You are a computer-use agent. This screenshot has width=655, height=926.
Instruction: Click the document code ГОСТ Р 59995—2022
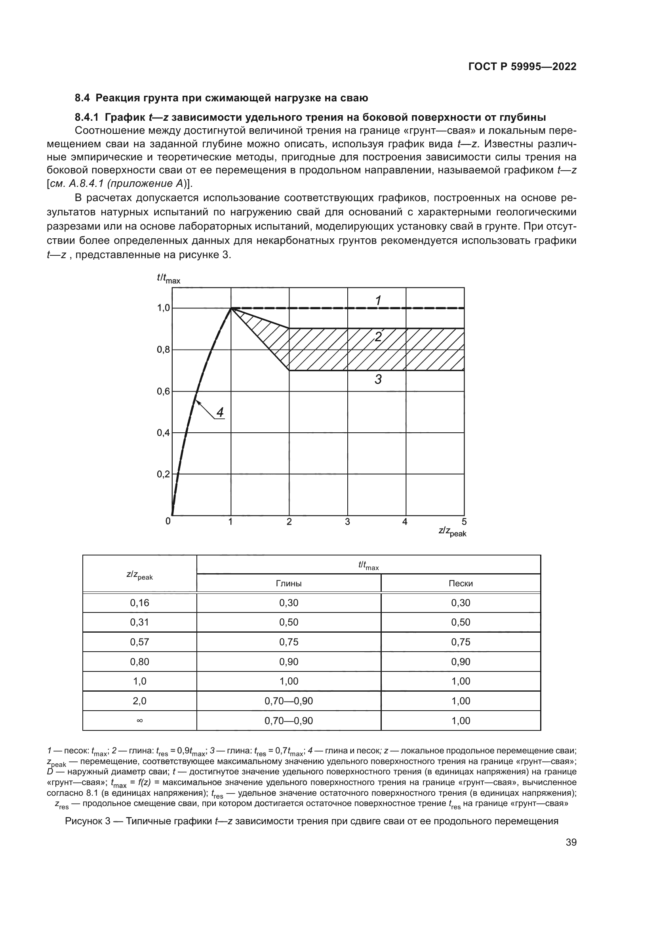click(522, 67)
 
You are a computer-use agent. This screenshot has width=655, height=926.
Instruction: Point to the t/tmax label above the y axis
click(169, 278)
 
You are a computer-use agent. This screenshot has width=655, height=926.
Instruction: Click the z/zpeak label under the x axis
click(452, 532)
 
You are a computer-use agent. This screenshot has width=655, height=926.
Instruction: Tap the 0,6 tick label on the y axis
click(163, 392)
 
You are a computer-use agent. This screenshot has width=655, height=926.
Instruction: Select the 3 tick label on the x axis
click(347, 522)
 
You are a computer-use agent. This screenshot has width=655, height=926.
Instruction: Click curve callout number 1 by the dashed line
click(378, 300)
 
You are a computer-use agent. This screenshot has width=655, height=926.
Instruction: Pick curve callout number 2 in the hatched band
click(378, 337)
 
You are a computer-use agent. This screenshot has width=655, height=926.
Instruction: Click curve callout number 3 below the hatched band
click(378, 379)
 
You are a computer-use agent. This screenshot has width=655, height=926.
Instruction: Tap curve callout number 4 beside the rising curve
click(220, 412)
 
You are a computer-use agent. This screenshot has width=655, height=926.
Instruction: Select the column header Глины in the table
click(288, 584)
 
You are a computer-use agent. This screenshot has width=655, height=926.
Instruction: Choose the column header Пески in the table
click(461, 584)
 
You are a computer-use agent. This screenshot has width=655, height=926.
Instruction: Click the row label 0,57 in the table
click(139, 642)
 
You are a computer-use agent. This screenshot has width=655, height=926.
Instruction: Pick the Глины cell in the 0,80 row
click(288, 662)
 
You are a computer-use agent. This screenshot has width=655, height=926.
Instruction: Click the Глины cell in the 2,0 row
click(288, 701)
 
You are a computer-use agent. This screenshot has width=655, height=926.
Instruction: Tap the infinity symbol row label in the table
click(139, 721)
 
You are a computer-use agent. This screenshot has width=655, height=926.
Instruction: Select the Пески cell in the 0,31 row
click(461, 622)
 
